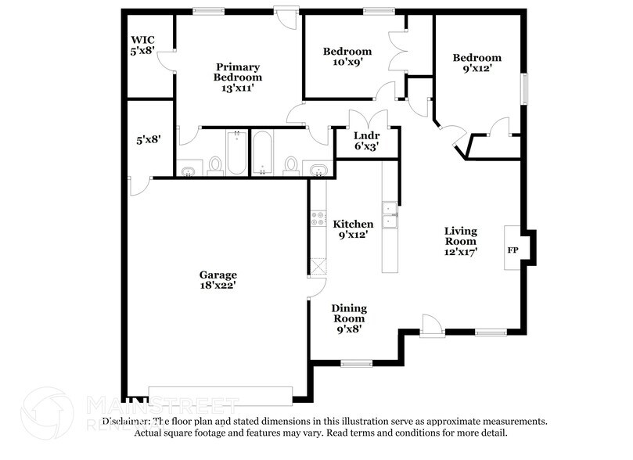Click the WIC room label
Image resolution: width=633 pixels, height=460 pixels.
point(142,45)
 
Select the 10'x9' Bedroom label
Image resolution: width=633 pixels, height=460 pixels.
point(347,58)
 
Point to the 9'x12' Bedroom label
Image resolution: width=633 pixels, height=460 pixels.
point(477,63)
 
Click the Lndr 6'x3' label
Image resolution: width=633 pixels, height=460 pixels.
point(367,138)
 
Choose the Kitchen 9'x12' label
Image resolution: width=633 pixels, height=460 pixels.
point(354,229)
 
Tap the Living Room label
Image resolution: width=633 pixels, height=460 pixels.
point(461,241)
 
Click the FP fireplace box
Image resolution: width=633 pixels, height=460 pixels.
point(513,250)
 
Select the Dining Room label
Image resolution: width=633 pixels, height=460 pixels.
point(348,318)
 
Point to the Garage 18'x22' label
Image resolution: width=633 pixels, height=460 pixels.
point(218,280)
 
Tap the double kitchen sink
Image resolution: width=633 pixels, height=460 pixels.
point(389,210)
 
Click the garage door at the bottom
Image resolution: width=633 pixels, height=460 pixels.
point(220,396)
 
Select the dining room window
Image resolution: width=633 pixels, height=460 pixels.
point(356,362)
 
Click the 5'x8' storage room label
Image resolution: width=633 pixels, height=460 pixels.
point(149,140)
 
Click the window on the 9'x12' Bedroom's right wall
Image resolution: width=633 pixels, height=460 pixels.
point(526,87)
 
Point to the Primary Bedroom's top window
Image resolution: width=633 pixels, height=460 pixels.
point(209,11)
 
